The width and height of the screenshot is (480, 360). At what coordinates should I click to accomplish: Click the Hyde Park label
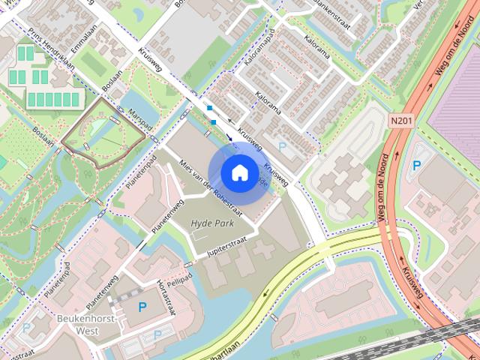(x=212, y=223)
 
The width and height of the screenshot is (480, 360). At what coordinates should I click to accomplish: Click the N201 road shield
(x=401, y=119)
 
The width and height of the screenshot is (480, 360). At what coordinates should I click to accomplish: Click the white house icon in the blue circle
(x=239, y=172)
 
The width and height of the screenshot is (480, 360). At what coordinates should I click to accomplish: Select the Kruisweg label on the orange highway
(x=412, y=283)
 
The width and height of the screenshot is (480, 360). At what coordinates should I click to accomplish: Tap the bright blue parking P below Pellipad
(x=142, y=306)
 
